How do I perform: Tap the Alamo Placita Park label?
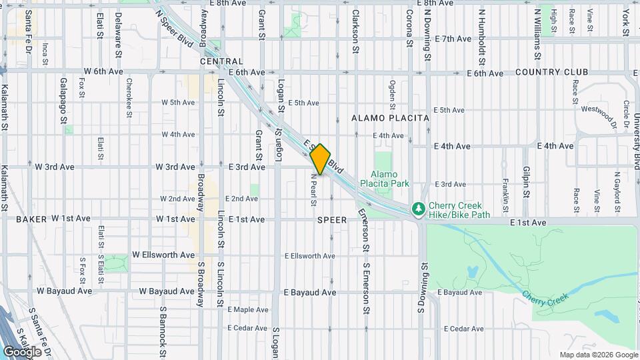[384, 177]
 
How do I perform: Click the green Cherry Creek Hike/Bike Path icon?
[419, 209]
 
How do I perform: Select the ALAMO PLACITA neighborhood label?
[391, 117]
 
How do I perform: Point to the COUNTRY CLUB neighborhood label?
[551, 72]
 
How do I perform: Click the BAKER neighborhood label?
[31, 219]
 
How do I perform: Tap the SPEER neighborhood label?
[331, 219]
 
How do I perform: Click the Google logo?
[23, 351]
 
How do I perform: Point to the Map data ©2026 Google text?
[598, 355]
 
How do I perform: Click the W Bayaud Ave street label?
[64, 291]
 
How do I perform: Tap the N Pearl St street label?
[312, 190]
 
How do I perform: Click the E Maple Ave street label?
[248, 309]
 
